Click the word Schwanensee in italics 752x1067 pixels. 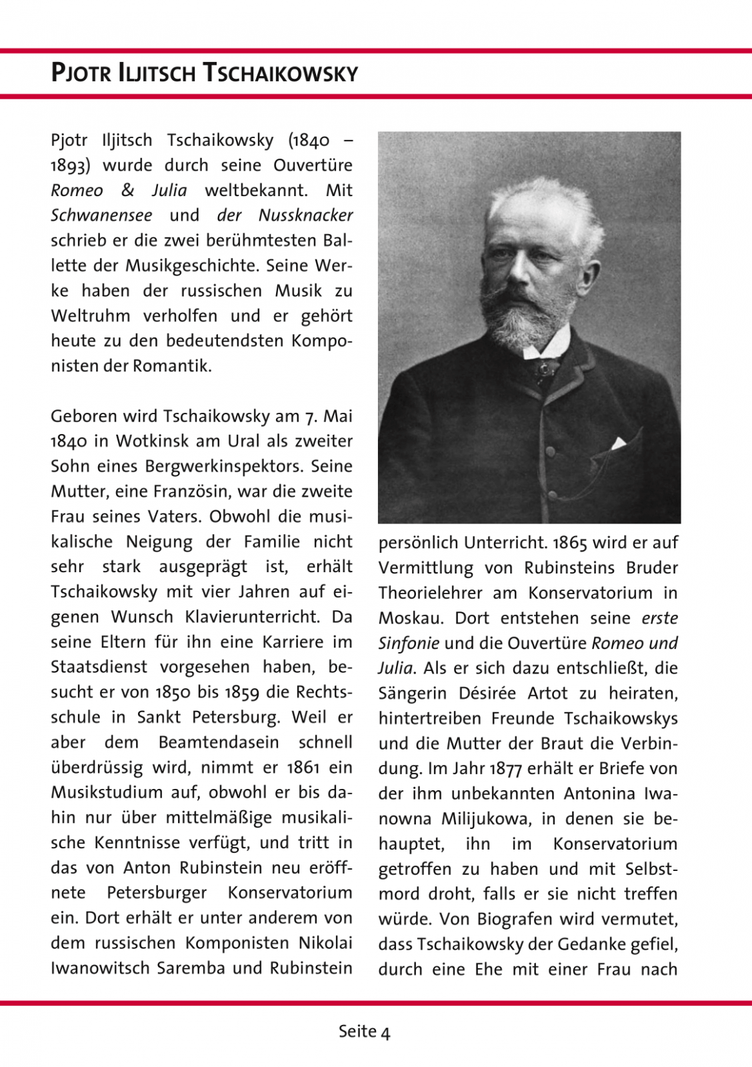point(101,215)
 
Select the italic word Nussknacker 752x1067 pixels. point(306,215)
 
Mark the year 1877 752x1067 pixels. point(505,768)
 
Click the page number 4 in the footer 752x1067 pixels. point(385,1032)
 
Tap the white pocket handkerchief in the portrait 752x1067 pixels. point(619,441)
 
